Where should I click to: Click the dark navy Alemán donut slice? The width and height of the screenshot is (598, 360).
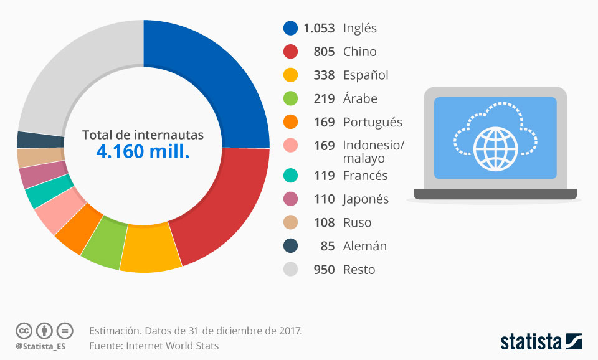pos(26,140)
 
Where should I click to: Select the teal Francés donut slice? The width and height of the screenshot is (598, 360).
pos(39,194)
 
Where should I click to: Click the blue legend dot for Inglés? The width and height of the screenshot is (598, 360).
pos(290,28)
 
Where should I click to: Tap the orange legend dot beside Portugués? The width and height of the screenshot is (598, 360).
pos(290,122)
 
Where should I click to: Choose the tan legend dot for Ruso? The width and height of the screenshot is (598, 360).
pos(290,222)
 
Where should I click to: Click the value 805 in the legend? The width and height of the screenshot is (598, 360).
pos(324,52)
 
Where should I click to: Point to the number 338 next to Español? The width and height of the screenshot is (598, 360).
pos(324,75)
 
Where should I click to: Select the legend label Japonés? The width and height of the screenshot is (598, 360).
pos(366,199)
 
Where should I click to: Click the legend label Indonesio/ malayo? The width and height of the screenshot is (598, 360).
pos(373,151)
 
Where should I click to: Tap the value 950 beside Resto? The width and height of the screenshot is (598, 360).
pos(324,270)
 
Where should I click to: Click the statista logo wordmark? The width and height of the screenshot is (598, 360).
pos(531,341)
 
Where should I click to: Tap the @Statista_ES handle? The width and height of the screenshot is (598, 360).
pos(40,346)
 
